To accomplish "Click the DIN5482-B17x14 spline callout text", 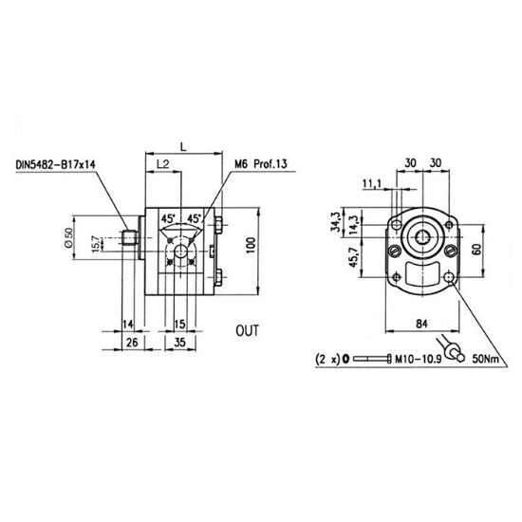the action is coord(56,165).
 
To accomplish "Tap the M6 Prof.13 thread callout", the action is coord(261,164).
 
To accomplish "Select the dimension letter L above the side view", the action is coord(183,146).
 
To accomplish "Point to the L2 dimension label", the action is coord(163,164).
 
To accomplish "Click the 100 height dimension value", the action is coord(251,246).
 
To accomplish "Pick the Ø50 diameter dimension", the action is coord(68,237).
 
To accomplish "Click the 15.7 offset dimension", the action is coord(95,243).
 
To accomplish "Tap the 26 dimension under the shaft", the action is coord(132,342).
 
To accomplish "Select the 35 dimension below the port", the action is coord(179,342).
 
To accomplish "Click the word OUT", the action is coord(247,330).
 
